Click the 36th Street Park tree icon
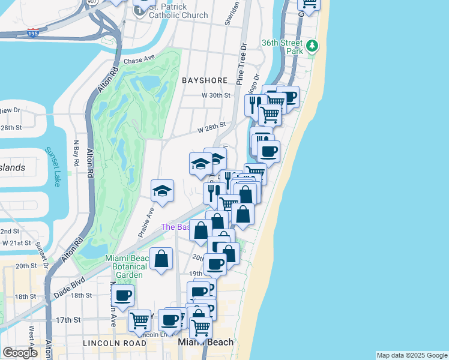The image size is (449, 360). pyautogui.click(x=312, y=46)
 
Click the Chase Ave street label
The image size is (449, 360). pyautogui.click(x=139, y=61)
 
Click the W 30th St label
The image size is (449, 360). pyautogui.click(x=216, y=95)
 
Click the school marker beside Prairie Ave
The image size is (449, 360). pyautogui.click(x=162, y=191)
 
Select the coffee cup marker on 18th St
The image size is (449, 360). pyautogui.click(x=122, y=295)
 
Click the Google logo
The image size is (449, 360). pyautogui.click(x=20, y=353)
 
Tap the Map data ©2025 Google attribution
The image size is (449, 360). pyautogui.click(x=412, y=355)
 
